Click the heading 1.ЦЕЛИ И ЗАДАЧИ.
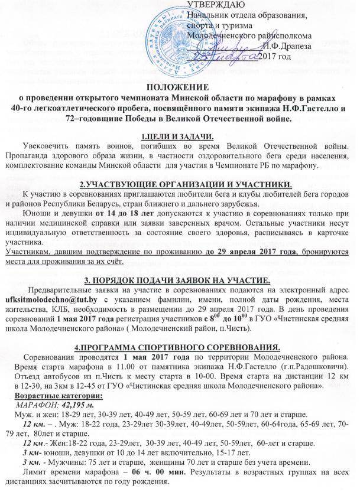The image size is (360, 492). pos(180,138)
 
